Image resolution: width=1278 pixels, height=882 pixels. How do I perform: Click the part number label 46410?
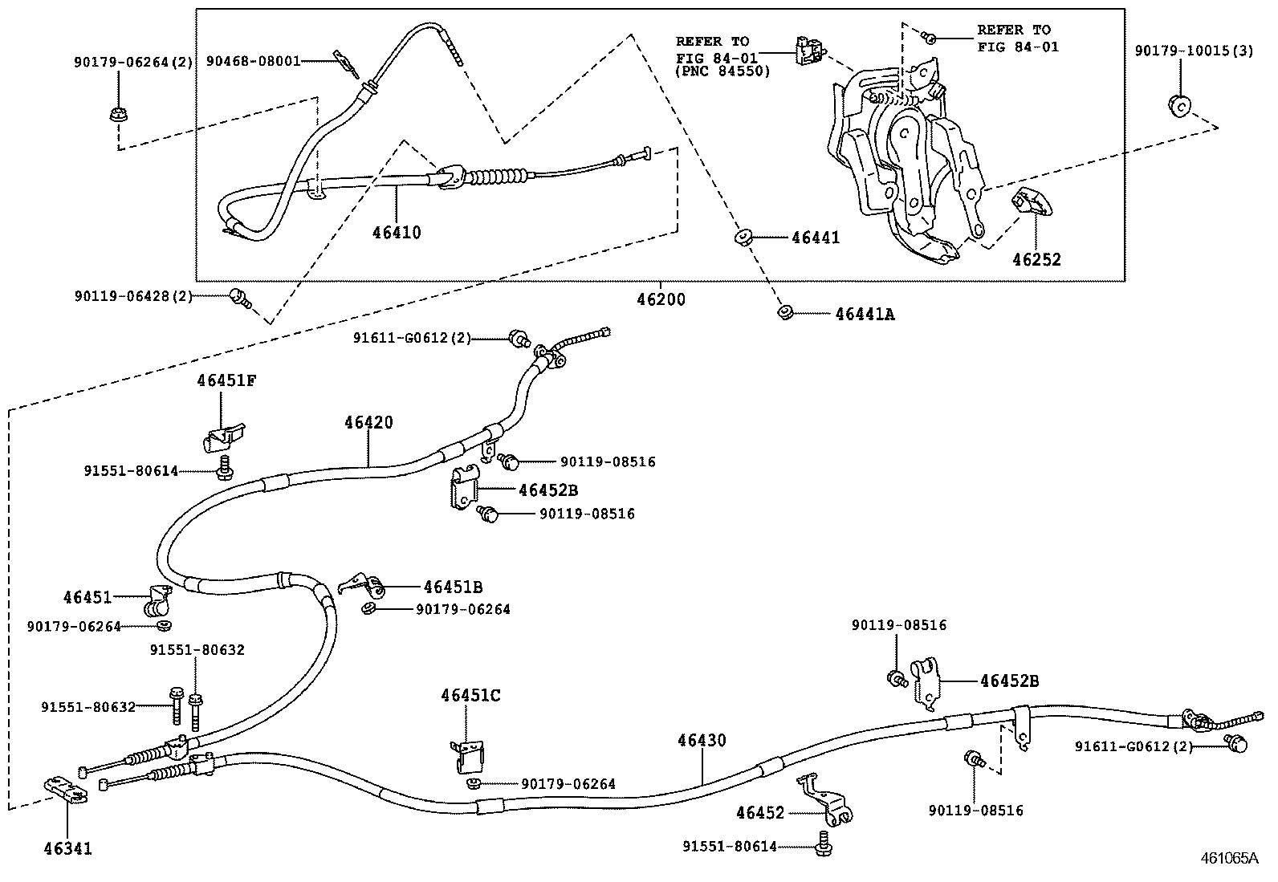(397, 233)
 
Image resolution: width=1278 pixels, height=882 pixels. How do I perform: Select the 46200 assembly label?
(661, 299)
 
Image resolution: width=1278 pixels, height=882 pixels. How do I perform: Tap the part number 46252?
(1036, 259)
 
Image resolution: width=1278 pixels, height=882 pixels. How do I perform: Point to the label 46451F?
(226, 381)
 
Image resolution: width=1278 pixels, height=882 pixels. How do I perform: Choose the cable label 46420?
(369, 422)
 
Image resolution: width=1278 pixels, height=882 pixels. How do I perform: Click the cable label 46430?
(701, 740)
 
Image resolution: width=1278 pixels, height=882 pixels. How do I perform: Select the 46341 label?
(67, 847)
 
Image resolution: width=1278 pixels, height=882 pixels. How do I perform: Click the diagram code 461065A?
(1228, 858)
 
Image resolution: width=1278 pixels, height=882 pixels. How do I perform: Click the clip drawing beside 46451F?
(222, 436)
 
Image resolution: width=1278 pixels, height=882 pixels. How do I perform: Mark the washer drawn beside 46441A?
(784, 311)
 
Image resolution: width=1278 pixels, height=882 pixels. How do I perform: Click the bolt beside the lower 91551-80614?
(822, 843)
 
